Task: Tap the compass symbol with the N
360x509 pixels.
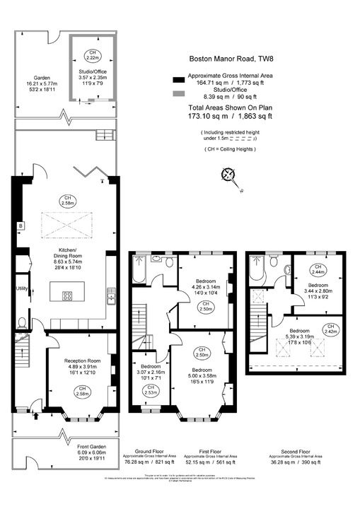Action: coord(228,173)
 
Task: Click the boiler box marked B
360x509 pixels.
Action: coord(21,226)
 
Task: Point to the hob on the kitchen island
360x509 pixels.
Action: coord(67,296)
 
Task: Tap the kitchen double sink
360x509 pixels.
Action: coord(112,294)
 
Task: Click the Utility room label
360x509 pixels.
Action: coord(21,288)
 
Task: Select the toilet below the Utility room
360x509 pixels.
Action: coord(22,324)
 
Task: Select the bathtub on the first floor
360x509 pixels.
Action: coord(137,269)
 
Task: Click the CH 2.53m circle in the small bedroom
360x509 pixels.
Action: coord(151,389)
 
